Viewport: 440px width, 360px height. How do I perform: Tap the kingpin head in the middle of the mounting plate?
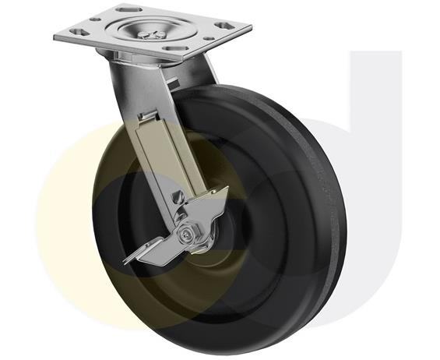tap(153, 30)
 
